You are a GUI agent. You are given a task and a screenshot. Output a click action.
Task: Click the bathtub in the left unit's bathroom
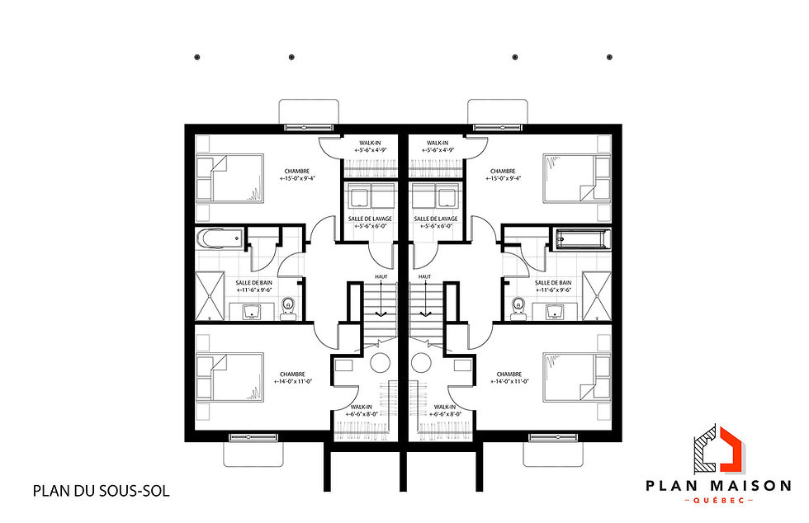(x=219, y=240)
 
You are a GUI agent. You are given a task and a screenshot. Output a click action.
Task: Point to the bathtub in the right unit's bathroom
(x=583, y=240)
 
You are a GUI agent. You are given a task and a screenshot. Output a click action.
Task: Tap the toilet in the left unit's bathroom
(x=287, y=307)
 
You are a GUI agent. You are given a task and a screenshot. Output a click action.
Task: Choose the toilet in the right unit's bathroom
(x=518, y=307)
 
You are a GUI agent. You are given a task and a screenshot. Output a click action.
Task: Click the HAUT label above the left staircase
(x=381, y=277)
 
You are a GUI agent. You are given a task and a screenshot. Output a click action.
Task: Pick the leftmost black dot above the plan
(x=196, y=57)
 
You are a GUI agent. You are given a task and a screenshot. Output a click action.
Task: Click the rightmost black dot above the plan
(x=609, y=57)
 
